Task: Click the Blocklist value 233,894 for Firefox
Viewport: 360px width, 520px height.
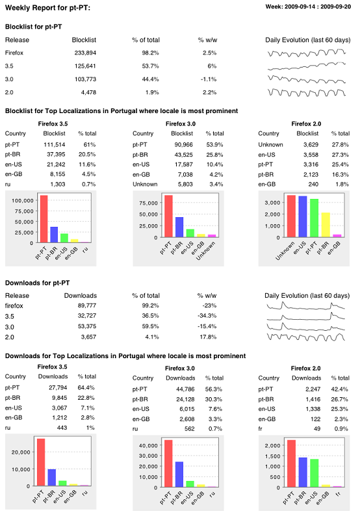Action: click(x=85, y=53)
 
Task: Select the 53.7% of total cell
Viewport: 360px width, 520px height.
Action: click(x=151, y=66)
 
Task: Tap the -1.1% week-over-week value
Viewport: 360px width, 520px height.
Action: click(x=209, y=79)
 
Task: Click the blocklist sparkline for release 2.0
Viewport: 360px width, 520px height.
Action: click(x=307, y=92)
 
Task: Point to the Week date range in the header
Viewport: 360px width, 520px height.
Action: click(x=308, y=6)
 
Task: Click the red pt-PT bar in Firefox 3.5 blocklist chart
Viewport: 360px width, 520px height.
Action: click(x=44, y=219)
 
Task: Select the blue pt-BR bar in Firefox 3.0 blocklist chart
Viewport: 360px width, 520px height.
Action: click(x=179, y=227)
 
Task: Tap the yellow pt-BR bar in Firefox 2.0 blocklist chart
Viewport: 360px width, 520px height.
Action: click(x=326, y=225)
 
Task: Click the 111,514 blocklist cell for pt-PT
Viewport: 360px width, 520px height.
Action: click(x=55, y=144)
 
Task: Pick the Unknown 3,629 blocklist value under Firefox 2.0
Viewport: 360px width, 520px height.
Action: click(x=311, y=144)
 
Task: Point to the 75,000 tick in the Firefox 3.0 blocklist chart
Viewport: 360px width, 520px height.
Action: click(x=148, y=203)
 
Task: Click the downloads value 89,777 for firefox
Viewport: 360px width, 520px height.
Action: click(x=87, y=305)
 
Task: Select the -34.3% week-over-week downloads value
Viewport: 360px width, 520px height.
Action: click(x=207, y=316)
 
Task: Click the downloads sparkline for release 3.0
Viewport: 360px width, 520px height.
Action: click(x=305, y=326)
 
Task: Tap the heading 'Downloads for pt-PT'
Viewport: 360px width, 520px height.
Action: click(x=38, y=283)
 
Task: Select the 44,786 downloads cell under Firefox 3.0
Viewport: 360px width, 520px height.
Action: click(x=185, y=389)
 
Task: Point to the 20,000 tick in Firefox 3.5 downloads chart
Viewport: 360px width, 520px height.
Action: click(x=21, y=452)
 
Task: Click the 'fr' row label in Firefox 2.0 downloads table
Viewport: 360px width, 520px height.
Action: click(x=260, y=429)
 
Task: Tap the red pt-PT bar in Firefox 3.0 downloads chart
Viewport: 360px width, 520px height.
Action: click(x=168, y=463)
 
